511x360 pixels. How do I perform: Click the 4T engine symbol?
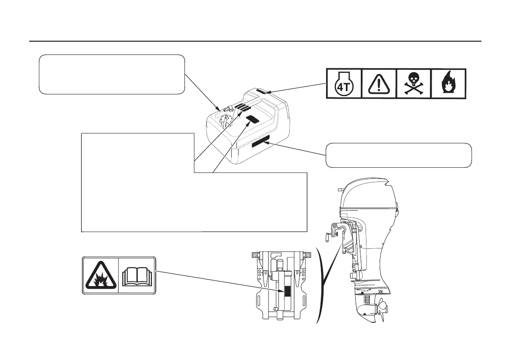(344, 84)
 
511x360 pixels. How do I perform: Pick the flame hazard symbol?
(448, 84)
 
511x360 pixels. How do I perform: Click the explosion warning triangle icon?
(100, 275)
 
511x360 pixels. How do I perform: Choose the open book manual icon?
(136, 275)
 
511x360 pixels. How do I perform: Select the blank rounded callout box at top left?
(112, 74)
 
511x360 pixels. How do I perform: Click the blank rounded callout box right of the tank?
(399, 155)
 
